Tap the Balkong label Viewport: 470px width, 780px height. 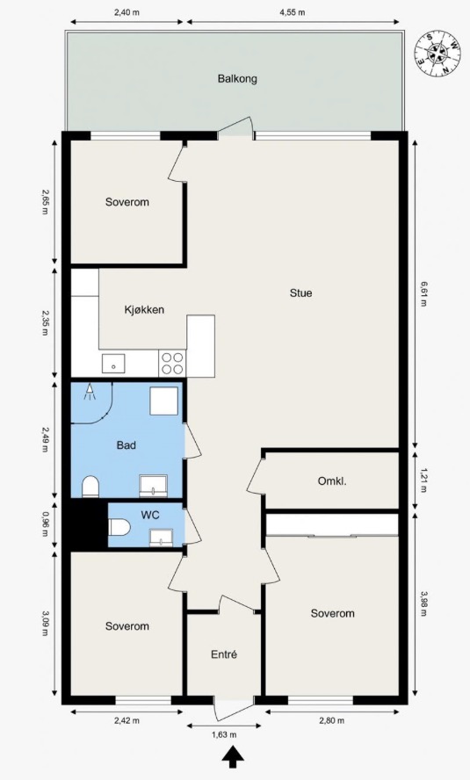click(x=237, y=78)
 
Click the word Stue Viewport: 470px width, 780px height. click(x=301, y=293)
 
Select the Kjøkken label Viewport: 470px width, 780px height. click(x=144, y=310)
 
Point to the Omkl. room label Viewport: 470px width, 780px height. click(x=332, y=481)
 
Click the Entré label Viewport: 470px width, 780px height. click(x=224, y=654)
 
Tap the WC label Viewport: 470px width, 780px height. click(x=149, y=515)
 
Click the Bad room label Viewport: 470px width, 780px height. click(x=127, y=445)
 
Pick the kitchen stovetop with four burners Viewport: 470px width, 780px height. click(x=172, y=363)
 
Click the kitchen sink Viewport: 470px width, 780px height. click(x=113, y=364)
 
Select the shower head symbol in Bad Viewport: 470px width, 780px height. click(x=90, y=392)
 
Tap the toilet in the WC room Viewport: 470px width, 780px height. click(x=119, y=527)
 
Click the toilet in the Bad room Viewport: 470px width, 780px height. click(x=90, y=487)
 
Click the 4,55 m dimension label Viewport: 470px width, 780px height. click(x=293, y=12)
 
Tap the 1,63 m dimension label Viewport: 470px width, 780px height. click(x=224, y=734)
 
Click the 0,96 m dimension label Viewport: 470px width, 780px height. click(x=45, y=525)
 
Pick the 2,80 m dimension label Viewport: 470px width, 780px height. click(x=332, y=720)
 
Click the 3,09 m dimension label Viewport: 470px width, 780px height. click(x=45, y=624)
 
